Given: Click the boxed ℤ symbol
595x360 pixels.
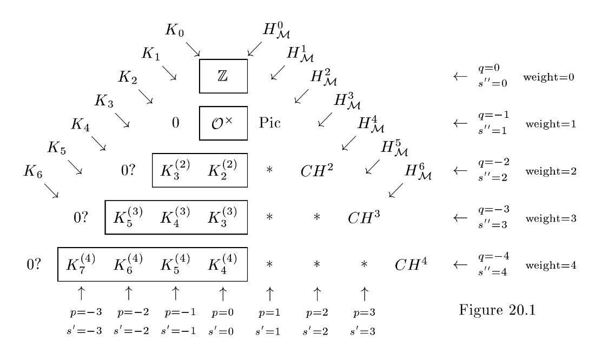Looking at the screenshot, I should point(223,77).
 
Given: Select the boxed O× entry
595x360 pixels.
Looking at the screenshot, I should point(223,123).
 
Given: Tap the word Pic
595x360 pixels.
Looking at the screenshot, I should point(270,123).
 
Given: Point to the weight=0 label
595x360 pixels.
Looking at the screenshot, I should point(548,77).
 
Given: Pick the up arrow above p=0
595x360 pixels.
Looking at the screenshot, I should point(222,294).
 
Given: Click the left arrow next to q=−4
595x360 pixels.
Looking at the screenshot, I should point(459,265).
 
